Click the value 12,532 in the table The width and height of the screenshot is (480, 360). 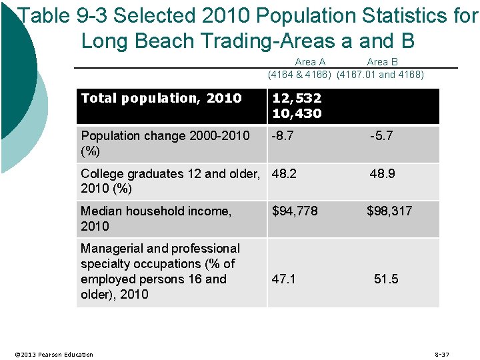[x=297, y=98]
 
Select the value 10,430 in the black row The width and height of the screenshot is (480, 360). [x=297, y=113]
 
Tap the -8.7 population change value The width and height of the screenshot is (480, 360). [x=283, y=135]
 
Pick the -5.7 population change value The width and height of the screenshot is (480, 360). [x=381, y=135]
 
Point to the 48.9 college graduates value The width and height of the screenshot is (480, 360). [x=383, y=173]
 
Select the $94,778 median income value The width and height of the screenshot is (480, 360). [x=295, y=211]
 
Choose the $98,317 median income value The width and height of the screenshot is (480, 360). [x=389, y=211]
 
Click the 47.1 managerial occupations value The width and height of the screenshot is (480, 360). [x=284, y=279]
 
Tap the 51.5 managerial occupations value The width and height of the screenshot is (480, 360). [x=386, y=279]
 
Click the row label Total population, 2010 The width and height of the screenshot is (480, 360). [x=161, y=98]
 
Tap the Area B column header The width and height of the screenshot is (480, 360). [x=383, y=62]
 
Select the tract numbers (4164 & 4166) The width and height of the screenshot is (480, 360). [x=299, y=74]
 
